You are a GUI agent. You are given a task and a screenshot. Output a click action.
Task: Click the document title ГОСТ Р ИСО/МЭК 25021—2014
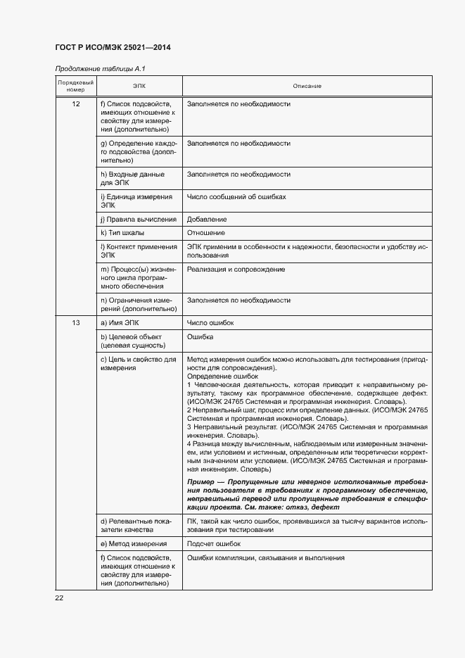pyautogui.click(x=113, y=48)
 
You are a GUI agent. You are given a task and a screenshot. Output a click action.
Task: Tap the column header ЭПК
pyautogui.click(x=139, y=87)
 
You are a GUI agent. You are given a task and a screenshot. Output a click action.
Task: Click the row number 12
pyautogui.click(x=75, y=104)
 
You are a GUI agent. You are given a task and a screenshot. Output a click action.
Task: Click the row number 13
pyautogui.click(x=75, y=323)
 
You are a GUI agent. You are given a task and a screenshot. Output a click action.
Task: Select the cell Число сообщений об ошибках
pyautogui.click(x=236, y=197)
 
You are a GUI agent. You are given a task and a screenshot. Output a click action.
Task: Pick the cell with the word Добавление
pyautogui.click(x=207, y=220)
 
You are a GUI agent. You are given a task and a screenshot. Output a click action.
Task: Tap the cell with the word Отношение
pyautogui.click(x=206, y=233)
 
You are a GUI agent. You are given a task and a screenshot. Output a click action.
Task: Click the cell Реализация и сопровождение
pyautogui.click(x=236, y=270)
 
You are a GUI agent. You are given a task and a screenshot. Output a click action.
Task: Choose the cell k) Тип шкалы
pyautogui.click(x=124, y=233)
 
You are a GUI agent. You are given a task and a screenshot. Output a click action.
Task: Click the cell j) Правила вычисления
pyautogui.click(x=139, y=220)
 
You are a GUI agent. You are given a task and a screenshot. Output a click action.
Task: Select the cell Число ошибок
pyautogui.click(x=210, y=323)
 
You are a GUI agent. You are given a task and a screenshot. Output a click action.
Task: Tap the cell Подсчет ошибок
pyautogui.click(x=214, y=544)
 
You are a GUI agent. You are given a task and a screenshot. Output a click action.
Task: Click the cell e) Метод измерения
pyautogui.click(x=134, y=544)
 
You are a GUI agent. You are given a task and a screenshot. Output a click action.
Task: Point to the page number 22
pyautogui.click(x=59, y=598)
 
